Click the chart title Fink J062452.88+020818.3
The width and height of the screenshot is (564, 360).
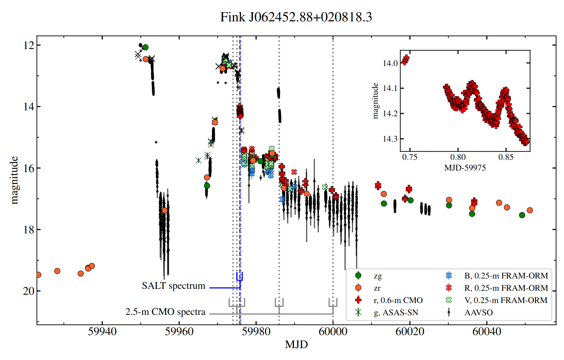pyautogui.click(x=296, y=17)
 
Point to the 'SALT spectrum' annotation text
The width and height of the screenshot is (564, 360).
pyautogui.click(x=173, y=286)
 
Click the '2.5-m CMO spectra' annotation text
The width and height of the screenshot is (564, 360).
pyautogui.click(x=165, y=312)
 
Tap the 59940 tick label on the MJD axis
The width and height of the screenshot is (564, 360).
pyautogui.click(x=102, y=332)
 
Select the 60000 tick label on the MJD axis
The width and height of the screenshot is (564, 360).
pyautogui.click(x=333, y=332)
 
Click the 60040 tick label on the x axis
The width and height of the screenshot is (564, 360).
pyautogui.click(x=486, y=332)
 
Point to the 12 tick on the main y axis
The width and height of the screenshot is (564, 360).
pyautogui.click(x=29, y=45)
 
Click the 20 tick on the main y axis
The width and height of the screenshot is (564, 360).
pyautogui.click(x=29, y=291)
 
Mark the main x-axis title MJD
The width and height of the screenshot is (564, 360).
pyautogui.click(x=296, y=345)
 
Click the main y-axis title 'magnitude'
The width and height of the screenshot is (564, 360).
pyautogui.click(x=14, y=180)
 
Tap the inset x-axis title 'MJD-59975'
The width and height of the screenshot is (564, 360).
pyautogui.click(x=465, y=168)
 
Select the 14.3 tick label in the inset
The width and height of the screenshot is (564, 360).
pyautogui.click(x=390, y=139)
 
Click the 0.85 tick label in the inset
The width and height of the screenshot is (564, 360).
pyautogui.click(x=506, y=157)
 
